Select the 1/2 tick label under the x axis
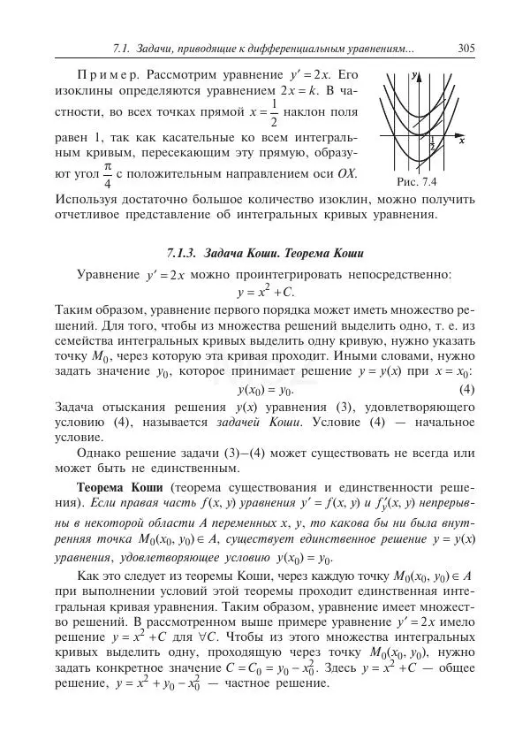432,143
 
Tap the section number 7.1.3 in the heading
184,254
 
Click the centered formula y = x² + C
265,292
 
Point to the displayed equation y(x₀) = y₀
265,390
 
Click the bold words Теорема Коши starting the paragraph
120,487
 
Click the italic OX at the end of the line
347,175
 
